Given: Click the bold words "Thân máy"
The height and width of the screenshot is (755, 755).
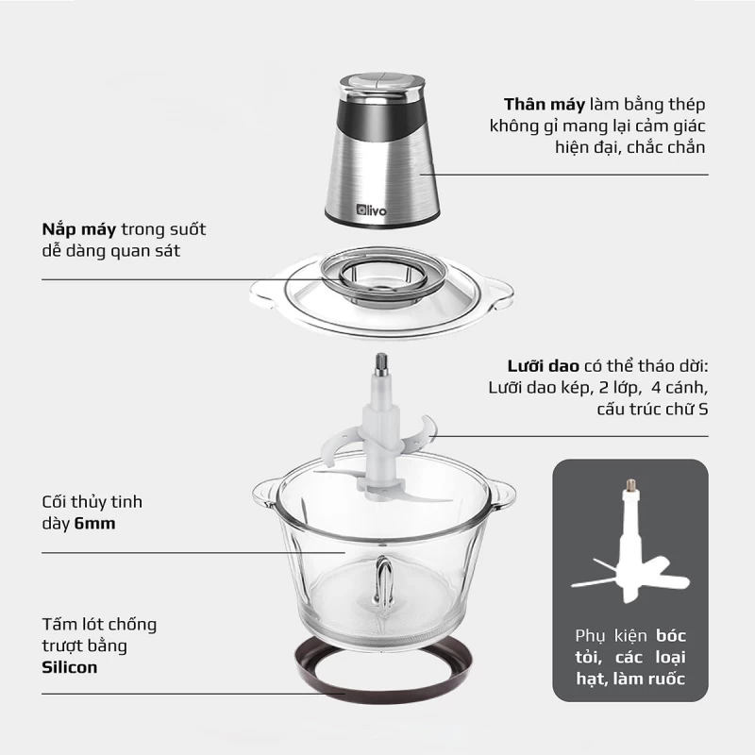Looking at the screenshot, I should (545, 104).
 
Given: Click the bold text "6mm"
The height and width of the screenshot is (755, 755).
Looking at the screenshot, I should (94, 523).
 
